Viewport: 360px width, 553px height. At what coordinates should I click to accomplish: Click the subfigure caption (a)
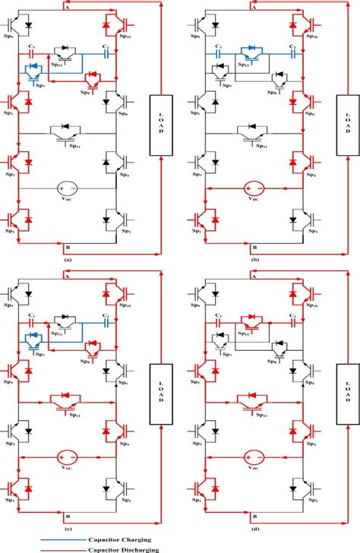[69, 259]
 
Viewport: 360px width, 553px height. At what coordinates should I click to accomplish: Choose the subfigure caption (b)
[253, 259]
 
